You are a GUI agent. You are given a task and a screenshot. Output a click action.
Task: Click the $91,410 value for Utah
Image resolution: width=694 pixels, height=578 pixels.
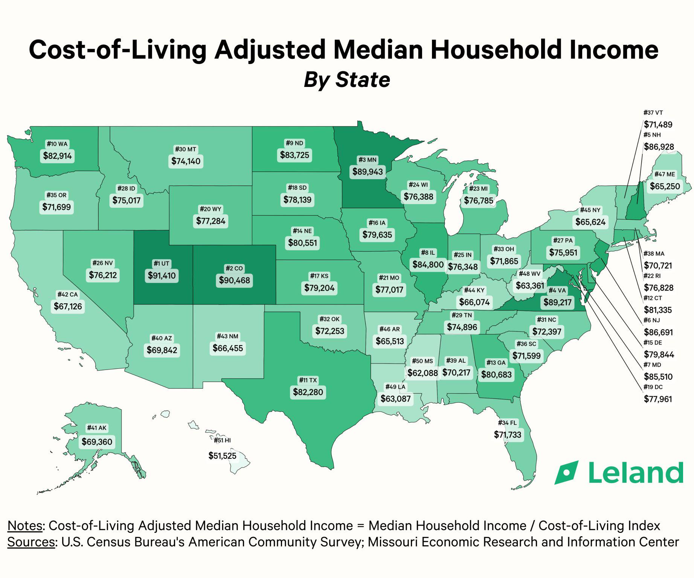tap(162, 275)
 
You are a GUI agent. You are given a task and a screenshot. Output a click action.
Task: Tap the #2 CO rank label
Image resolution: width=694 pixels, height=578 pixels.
tap(234, 268)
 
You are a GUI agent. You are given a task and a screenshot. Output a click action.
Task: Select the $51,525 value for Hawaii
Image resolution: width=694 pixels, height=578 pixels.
tap(223, 456)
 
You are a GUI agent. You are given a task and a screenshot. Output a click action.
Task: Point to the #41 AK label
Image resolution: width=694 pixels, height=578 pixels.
tap(97, 428)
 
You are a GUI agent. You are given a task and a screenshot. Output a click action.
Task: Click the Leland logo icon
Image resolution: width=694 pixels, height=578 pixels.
tap(566, 472)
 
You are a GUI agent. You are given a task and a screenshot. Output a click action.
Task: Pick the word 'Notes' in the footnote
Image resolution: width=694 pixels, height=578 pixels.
tap(25, 526)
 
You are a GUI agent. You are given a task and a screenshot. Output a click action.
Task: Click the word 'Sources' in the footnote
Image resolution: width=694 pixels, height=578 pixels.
tap(31, 542)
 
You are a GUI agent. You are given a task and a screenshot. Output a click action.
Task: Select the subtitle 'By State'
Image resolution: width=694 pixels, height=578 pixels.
tap(347, 79)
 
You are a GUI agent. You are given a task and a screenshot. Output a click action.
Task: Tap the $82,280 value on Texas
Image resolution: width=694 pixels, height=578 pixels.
tap(308, 392)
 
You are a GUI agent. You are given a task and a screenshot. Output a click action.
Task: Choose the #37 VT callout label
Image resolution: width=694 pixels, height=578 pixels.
tap(653, 113)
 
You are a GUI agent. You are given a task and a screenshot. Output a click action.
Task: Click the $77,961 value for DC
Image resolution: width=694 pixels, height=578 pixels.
tap(658, 399)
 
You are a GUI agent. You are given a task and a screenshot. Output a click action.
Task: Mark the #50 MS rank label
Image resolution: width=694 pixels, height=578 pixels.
tap(423, 361)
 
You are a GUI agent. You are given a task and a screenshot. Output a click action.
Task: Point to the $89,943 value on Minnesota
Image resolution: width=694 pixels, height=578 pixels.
tap(368, 172)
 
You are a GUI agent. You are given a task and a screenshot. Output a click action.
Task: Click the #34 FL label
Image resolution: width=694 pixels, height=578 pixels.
tap(507, 423)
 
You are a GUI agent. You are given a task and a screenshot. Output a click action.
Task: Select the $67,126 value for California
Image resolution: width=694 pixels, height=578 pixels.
tap(68, 306)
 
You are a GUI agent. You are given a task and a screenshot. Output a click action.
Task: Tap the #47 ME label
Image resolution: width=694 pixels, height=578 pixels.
tap(665, 174)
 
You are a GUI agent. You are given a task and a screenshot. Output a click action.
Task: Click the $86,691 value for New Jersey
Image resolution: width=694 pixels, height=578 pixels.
tap(658, 332)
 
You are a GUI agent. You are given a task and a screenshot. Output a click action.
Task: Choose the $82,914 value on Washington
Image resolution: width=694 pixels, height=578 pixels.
tap(57, 156)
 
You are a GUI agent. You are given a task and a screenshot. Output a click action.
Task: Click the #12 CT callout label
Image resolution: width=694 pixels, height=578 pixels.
tap(653, 298)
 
